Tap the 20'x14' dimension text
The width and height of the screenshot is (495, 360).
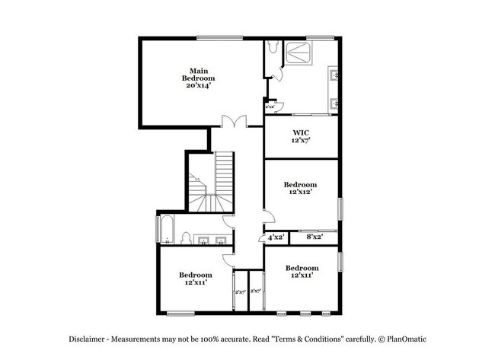198,85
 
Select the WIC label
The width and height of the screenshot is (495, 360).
301,132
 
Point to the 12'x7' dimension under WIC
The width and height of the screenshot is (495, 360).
301,141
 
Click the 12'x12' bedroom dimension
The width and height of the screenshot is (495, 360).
300,193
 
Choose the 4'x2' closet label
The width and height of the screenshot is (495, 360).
276,237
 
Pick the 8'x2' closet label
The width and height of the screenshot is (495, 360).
315,237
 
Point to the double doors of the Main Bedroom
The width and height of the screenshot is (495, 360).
232,123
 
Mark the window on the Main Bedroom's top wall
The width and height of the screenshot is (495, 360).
220,38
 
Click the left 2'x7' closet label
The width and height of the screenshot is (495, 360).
240,291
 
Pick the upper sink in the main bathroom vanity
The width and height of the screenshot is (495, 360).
333,74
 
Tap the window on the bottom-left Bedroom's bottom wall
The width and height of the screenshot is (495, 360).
180,313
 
